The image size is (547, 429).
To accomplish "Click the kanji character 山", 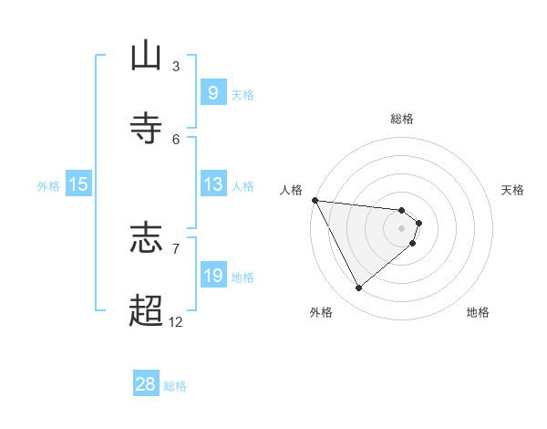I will (147, 56).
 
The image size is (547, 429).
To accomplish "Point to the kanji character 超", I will (147, 310).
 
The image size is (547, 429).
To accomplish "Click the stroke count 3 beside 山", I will (176, 66).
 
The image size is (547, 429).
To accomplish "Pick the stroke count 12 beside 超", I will (175, 321).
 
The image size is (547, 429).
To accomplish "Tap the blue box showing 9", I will (212, 92).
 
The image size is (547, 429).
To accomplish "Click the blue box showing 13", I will (212, 184).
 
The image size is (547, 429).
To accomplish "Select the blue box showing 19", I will (212, 276).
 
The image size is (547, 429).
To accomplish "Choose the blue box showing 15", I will (78, 184).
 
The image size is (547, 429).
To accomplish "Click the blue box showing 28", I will (146, 384).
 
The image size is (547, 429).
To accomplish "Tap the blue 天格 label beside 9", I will (243, 94).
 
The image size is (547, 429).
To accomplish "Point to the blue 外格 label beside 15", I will (48, 185).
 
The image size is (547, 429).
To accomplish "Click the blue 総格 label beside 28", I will (175, 386).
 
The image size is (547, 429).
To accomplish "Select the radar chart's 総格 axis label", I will (402, 119).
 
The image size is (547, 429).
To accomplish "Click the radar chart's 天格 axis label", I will (513, 190).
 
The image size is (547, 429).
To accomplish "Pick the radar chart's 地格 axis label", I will (478, 312).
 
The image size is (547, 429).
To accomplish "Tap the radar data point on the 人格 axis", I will (315, 200).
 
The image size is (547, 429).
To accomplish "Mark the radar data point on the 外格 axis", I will (358, 288).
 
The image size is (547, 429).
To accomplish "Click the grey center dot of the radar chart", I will (402, 228).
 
